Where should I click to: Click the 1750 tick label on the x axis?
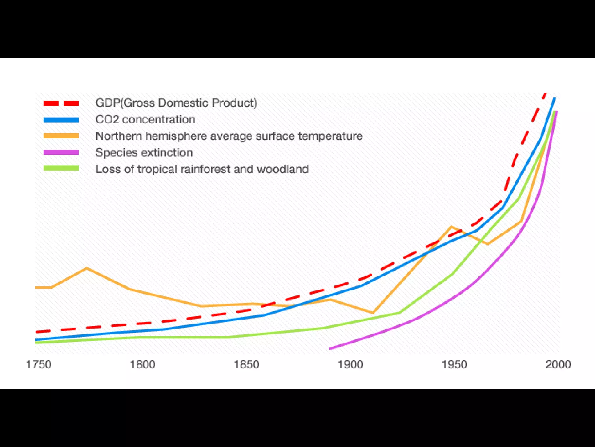coord(39,364)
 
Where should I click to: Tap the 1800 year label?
coord(142,364)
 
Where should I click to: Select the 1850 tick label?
coord(246,364)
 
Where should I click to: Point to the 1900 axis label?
coord(350,364)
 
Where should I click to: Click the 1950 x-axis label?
coord(454,364)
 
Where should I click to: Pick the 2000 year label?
coord(558,364)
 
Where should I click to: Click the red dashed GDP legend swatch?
coord(61,103)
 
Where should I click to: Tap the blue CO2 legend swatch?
coord(61,120)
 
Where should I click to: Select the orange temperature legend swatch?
coord(61,136)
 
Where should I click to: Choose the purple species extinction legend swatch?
coord(61,152)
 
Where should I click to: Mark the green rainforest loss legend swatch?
coord(61,168)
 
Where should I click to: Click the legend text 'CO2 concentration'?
coord(145,120)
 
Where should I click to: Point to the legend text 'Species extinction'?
coord(144,153)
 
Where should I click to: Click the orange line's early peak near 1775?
coord(87,268)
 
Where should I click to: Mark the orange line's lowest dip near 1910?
coord(373,313)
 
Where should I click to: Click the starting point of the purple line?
coord(330,348)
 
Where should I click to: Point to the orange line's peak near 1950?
coord(451,227)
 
